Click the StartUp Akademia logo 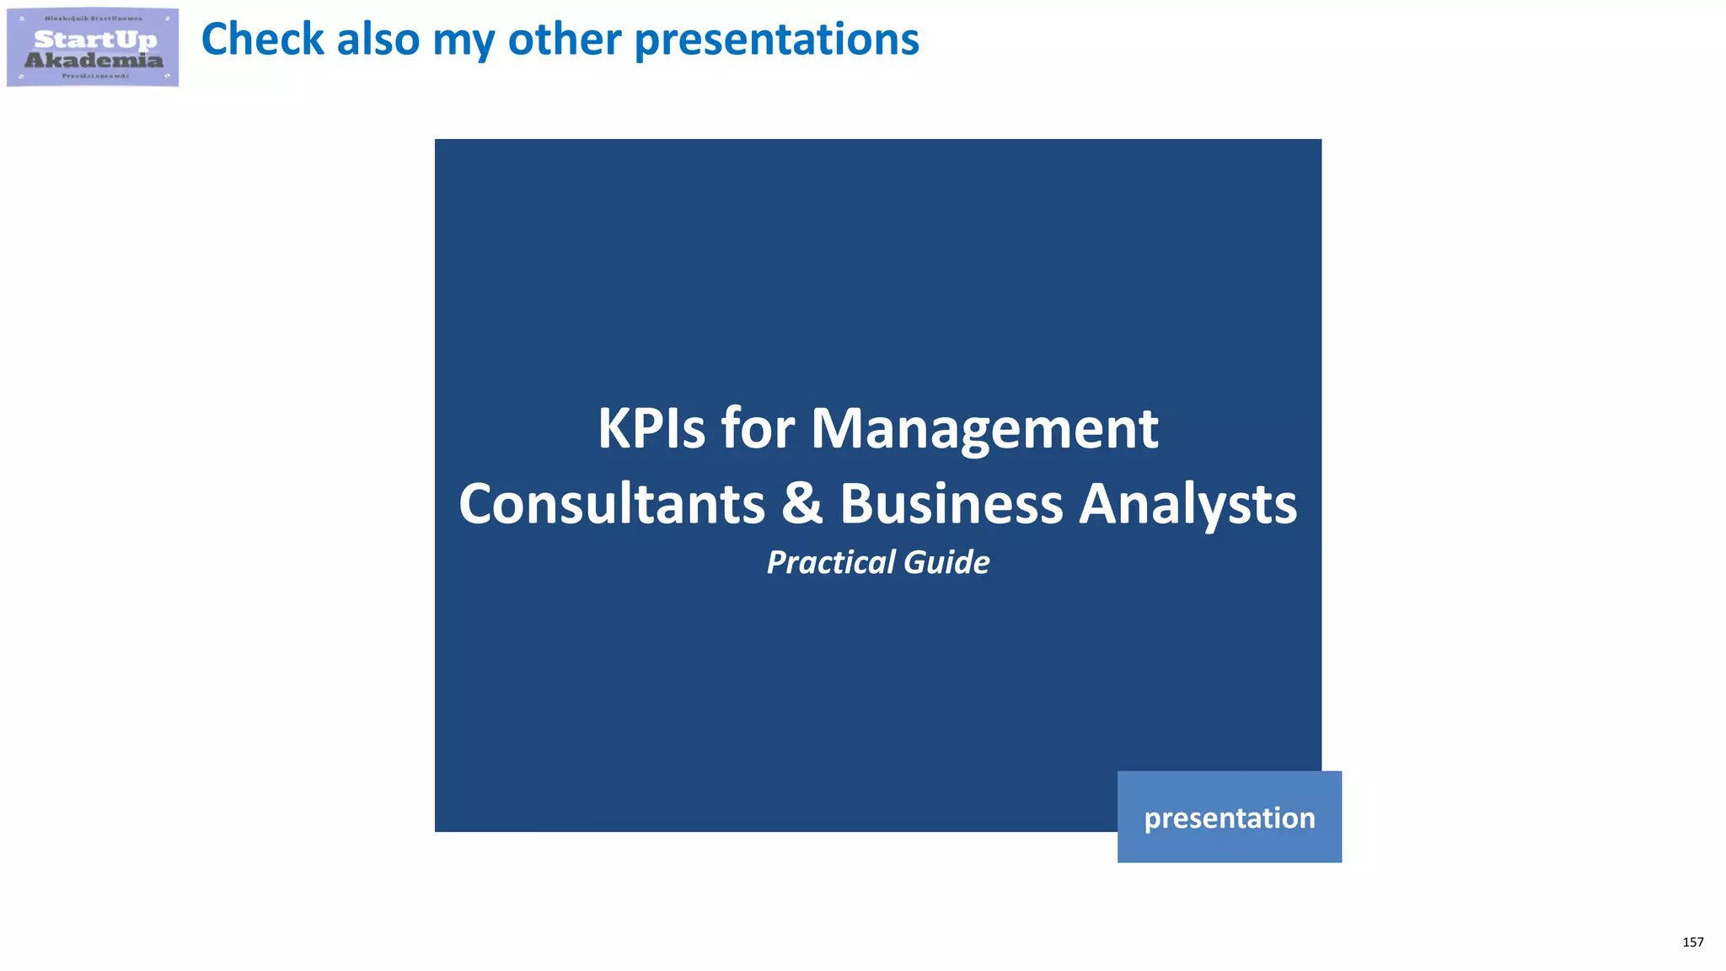(x=93, y=47)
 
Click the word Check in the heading (x=262, y=40)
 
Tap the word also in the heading (x=378, y=40)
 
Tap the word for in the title (x=758, y=428)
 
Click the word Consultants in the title (x=612, y=504)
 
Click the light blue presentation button (x=1229, y=817)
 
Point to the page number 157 (x=1692, y=942)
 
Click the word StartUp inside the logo (x=95, y=39)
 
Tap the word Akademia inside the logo (x=94, y=60)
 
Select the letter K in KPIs (x=615, y=428)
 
